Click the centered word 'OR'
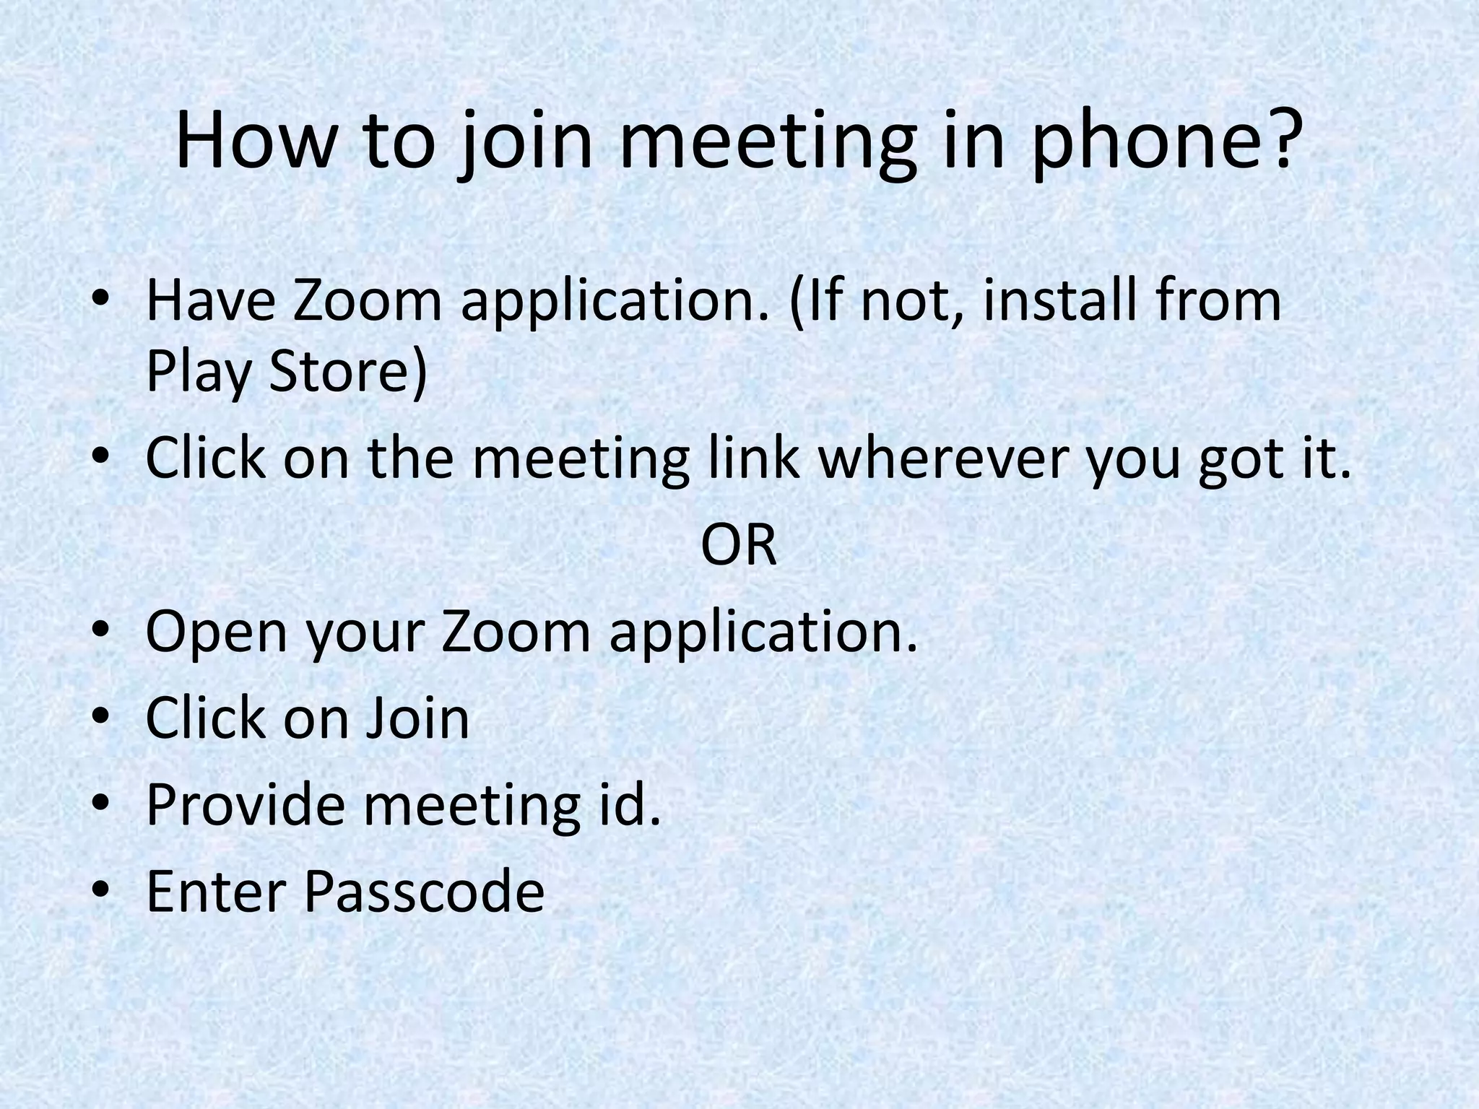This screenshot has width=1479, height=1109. pyautogui.click(x=739, y=547)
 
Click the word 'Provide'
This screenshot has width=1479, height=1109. pyautogui.click(x=246, y=805)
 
